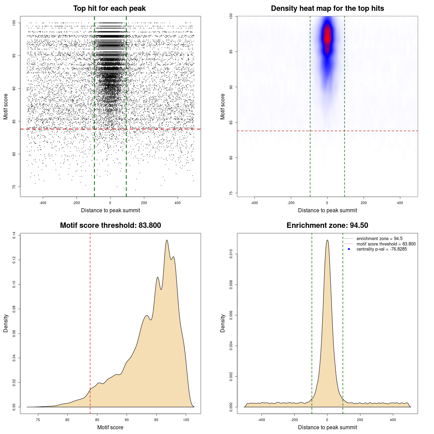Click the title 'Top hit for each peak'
coord(109,8)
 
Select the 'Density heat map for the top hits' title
coord(327,8)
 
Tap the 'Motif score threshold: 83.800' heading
coord(110,225)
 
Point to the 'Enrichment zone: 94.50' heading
coord(327,225)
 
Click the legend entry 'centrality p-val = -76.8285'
coord(381,249)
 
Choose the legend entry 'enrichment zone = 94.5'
coord(379,239)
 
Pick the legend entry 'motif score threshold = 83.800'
coord(386,244)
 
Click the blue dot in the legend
coord(349,249)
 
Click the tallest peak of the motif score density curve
coord(167,240)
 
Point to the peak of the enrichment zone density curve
coord(327,240)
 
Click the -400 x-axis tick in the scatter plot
coord(43,203)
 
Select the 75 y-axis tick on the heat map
coord(231,193)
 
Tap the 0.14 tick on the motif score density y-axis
coord(14,235)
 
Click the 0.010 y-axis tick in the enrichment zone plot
coord(231,254)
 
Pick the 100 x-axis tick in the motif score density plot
coord(186,420)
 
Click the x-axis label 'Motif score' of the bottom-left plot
coord(110,427)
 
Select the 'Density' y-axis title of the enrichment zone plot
coord(223,323)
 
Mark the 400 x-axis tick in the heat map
coord(400,203)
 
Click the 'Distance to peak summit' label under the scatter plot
coord(111,211)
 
